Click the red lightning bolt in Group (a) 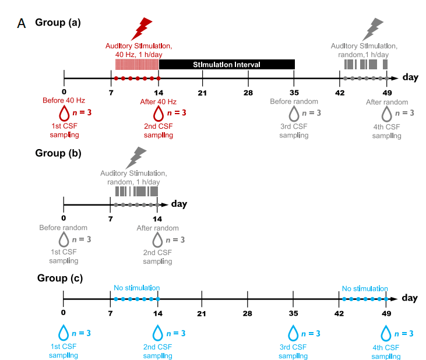[x=142, y=28]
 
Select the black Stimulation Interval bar [x=227, y=64]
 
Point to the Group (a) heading [x=58, y=23]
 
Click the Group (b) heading [x=58, y=154]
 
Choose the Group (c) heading [x=59, y=278]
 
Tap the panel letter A [x=22, y=24]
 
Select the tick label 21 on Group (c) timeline [x=202, y=313]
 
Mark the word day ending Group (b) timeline [x=179, y=204]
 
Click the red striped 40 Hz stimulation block [x=137, y=64]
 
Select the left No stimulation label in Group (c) [x=136, y=288]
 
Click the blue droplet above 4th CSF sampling [x=386, y=334]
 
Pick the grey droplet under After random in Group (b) [x=158, y=239]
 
